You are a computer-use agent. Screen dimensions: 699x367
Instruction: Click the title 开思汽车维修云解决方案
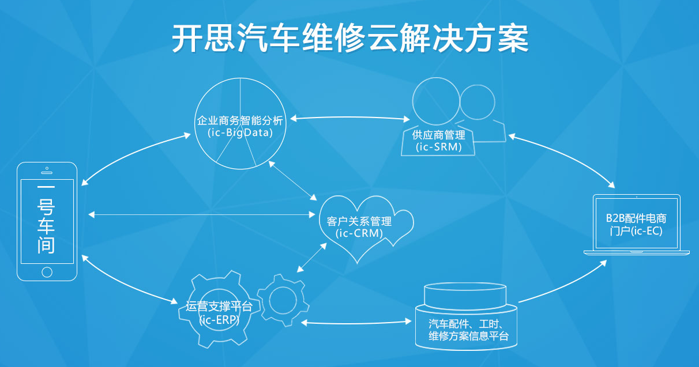pyautogui.click(x=349, y=38)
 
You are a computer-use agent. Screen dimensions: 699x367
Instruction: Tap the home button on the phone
pyautogui.click(x=47, y=272)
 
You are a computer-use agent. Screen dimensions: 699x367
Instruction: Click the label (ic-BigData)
pyautogui.click(x=240, y=133)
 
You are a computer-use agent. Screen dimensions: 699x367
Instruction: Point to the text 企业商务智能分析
pyautogui.click(x=240, y=120)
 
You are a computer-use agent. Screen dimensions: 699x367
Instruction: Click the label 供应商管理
pyautogui.click(x=438, y=135)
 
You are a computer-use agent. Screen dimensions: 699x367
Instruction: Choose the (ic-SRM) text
pyautogui.click(x=438, y=147)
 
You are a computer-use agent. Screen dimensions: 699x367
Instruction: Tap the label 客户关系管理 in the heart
pyautogui.click(x=359, y=221)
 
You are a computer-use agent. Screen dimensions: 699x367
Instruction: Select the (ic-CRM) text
pyautogui.click(x=359, y=233)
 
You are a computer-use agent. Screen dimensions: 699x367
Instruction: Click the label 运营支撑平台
pyautogui.click(x=219, y=307)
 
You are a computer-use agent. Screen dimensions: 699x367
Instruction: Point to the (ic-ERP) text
pyautogui.click(x=219, y=320)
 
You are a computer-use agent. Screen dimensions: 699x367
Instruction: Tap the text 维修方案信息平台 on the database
pyautogui.click(x=469, y=336)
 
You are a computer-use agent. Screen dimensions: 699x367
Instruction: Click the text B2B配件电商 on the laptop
pyautogui.click(x=636, y=218)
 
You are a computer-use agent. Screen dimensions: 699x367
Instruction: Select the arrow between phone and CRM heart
pyautogui.click(x=202, y=214)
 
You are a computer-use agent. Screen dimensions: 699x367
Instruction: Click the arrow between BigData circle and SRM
pyautogui.click(x=350, y=118)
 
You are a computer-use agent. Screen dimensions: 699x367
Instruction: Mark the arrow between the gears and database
pyautogui.click(x=356, y=323)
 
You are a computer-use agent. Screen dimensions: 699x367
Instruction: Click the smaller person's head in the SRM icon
pyautogui.click(x=477, y=103)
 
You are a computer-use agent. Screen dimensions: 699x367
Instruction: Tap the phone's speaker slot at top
pyautogui.click(x=47, y=172)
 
